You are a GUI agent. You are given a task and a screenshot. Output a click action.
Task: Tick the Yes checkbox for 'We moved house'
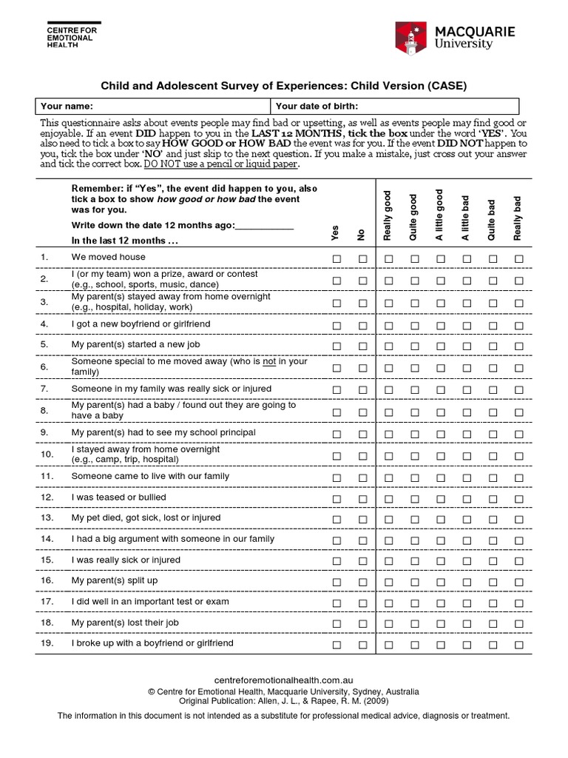click(x=337, y=258)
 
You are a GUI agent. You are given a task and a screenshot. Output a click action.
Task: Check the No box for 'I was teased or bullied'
click(x=363, y=498)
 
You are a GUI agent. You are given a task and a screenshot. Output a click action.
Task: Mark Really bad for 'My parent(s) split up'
click(x=519, y=582)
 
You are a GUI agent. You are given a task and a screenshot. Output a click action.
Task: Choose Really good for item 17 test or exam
click(x=388, y=603)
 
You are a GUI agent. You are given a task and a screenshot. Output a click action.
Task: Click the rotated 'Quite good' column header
click(x=413, y=217)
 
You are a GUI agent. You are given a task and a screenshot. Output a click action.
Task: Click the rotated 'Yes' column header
click(x=336, y=232)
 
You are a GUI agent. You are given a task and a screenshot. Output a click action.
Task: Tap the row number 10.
click(x=45, y=455)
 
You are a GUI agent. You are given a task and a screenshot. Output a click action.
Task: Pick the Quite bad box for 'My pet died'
click(x=493, y=519)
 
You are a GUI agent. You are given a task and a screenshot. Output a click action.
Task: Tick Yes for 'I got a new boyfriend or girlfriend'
click(x=337, y=325)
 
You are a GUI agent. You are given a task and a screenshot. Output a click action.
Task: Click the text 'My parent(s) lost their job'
click(x=125, y=623)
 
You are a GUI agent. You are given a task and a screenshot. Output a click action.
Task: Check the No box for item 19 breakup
click(x=363, y=645)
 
